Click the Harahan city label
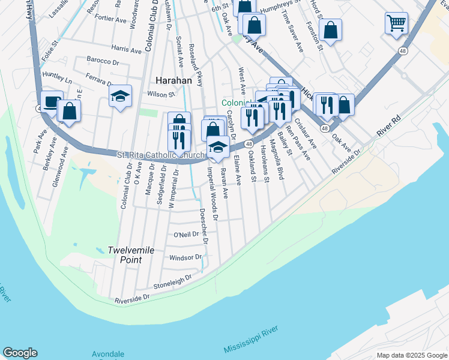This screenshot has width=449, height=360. click(173, 80)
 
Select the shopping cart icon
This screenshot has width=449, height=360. click(397, 24)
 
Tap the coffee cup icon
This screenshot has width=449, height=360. click(52, 101)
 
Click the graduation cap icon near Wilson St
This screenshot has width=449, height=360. click(120, 95)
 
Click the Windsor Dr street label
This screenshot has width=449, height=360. click(182, 257)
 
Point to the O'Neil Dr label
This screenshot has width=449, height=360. click(185, 234)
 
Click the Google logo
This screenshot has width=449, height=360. click(20, 353)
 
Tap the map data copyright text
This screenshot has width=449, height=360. click(411, 355)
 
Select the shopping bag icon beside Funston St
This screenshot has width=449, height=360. click(330, 29)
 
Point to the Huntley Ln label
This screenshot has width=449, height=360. click(57, 77)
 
